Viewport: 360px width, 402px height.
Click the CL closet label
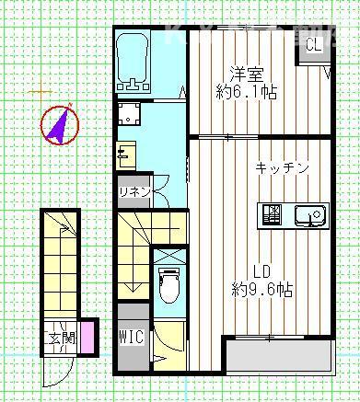coord(313,45)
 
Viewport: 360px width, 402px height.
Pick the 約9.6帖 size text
coord(262,290)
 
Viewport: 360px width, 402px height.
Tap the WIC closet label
coord(131,337)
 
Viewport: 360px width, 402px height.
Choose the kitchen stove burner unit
coord(273,215)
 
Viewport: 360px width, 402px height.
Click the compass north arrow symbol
coord(59,125)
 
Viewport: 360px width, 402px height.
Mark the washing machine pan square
coord(130,113)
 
